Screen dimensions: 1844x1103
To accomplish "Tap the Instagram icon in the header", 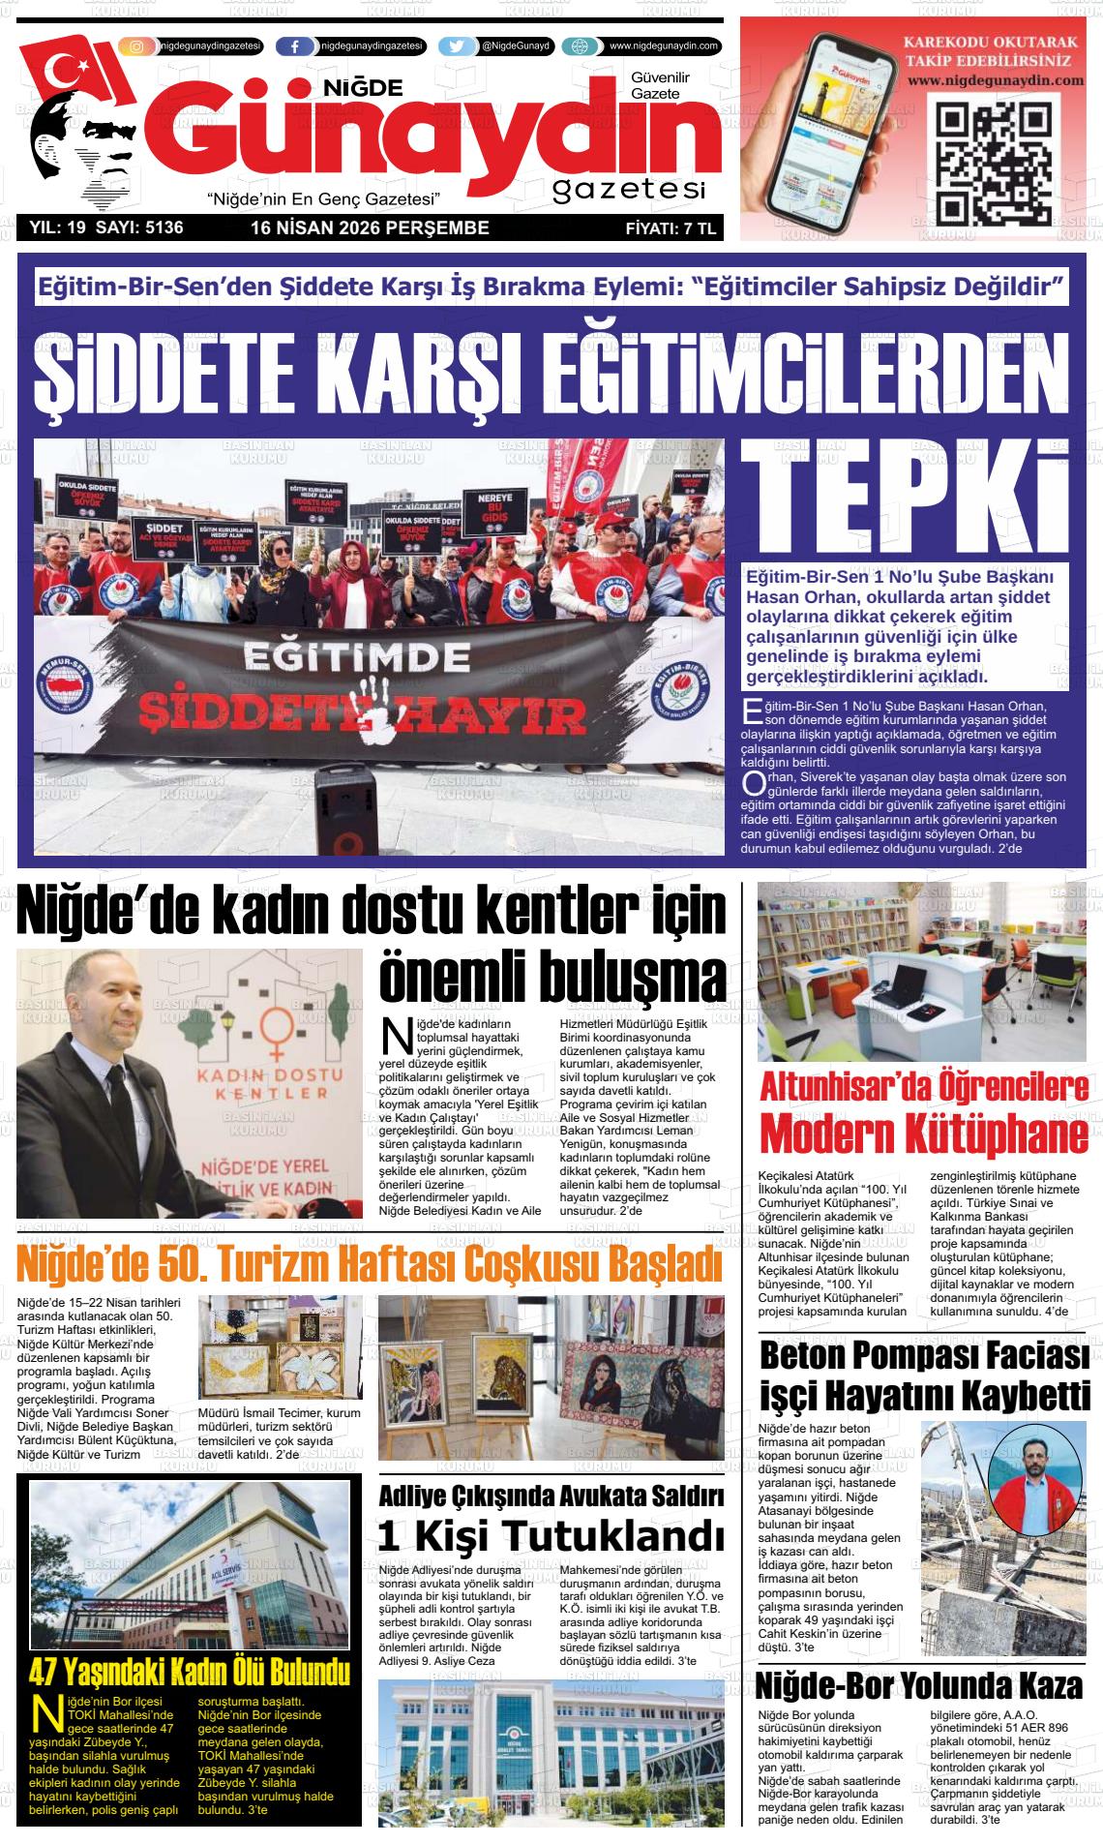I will [x=137, y=46].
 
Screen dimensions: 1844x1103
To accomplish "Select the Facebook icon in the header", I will [x=295, y=46].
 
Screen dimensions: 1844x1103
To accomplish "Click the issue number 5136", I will [x=164, y=228].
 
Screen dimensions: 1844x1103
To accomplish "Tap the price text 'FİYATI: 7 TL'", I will [x=670, y=229].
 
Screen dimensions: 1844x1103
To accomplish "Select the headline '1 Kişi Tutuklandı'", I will [x=551, y=1535].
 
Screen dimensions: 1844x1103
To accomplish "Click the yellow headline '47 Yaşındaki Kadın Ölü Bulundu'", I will [x=189, y=1672].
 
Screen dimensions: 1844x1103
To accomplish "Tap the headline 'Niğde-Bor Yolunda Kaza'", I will [x=918, y=1686].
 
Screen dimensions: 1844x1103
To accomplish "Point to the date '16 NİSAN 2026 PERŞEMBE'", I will [x=370, y=228].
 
